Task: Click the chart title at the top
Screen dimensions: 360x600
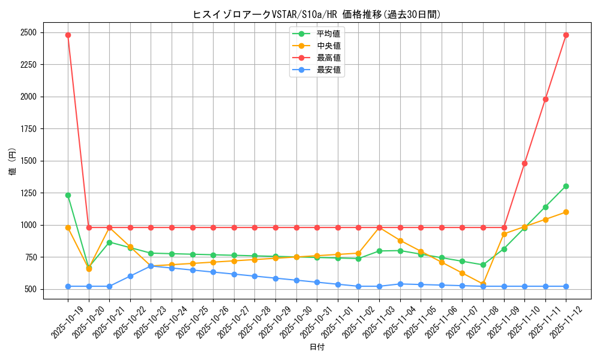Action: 316,14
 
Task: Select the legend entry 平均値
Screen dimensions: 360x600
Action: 328,34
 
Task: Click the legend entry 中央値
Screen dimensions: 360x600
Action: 328,46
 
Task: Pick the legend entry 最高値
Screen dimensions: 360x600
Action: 328,58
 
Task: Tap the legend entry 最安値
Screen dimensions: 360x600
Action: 328,70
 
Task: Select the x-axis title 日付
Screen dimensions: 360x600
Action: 316,347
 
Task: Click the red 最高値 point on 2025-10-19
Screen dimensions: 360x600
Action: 68,35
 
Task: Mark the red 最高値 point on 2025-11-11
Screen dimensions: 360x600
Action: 545,99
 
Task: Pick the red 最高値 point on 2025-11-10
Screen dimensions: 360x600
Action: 524,163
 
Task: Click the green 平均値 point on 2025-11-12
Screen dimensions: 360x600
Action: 566,186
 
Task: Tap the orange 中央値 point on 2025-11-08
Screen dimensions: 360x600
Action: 483,284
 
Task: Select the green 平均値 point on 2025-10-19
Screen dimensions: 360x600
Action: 68,195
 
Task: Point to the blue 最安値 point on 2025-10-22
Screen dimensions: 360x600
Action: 130,276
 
